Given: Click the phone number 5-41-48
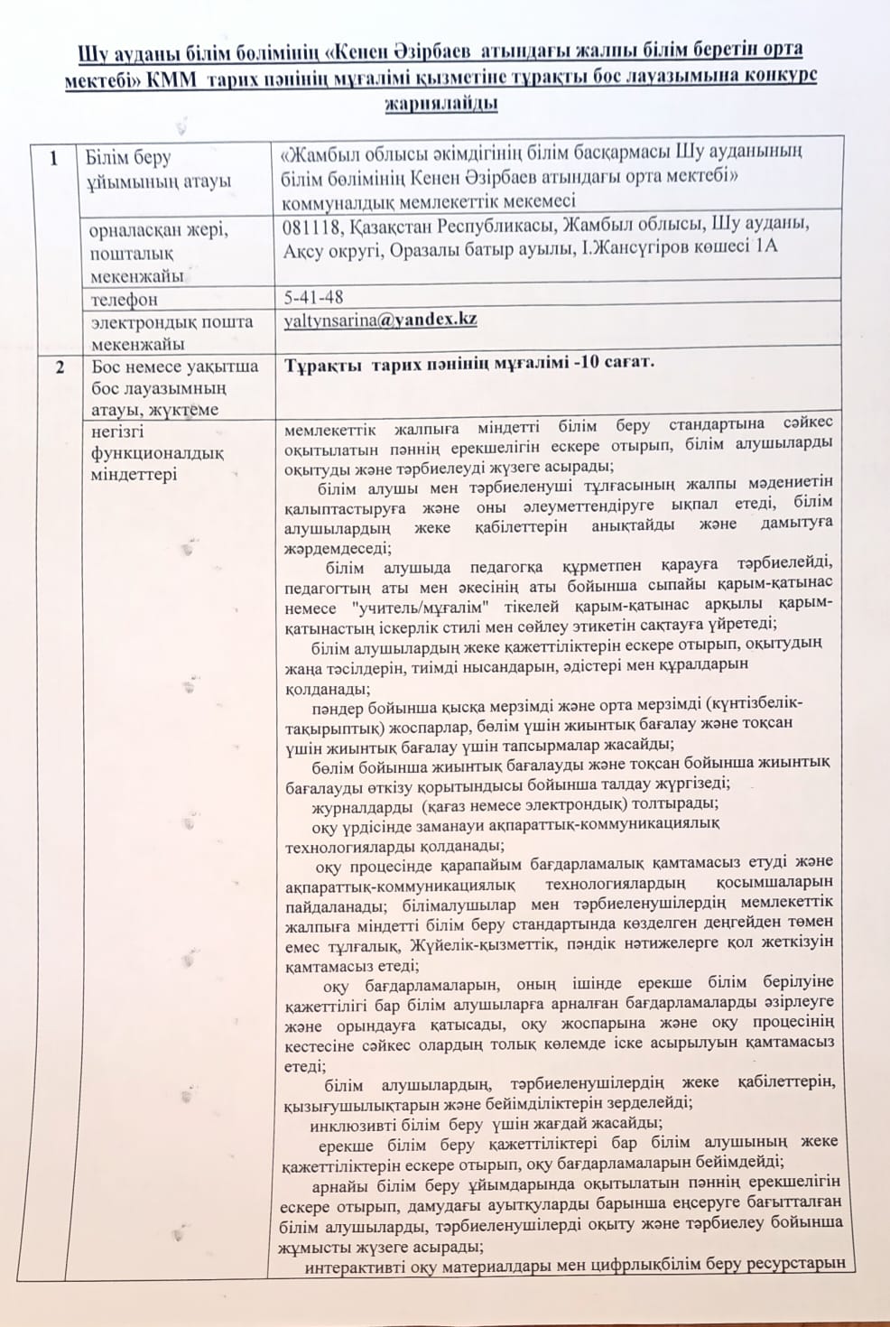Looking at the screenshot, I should click(313, 297).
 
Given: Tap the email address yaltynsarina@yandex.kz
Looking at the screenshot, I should click(380, 320).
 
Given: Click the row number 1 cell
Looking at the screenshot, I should click(54, 159).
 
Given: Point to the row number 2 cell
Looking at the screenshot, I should click(60, 367).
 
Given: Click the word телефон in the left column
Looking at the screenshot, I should click(124, 299).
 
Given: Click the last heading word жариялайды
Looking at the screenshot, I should click(441, 103).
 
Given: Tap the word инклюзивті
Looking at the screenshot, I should click(353, 1125).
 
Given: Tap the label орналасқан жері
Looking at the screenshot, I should click(159, 230).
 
